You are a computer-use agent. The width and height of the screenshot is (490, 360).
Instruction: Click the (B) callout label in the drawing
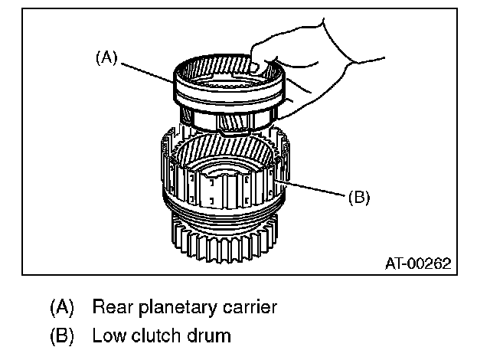pyautogui.click(x=358, y=197)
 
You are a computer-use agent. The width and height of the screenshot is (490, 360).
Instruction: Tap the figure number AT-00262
pyautogui.click(x=416, y=264)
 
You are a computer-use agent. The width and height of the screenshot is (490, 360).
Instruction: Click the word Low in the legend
pyautogui.click(x=106, y=335)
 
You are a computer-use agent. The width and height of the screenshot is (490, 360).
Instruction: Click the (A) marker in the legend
pyautogui.click(x=63, y=308)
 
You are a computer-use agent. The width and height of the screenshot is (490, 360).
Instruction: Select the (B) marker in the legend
pyautogui.click(x=63, y=335)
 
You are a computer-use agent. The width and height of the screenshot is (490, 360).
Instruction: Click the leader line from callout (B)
pyautogui.click(x=314, y=190)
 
